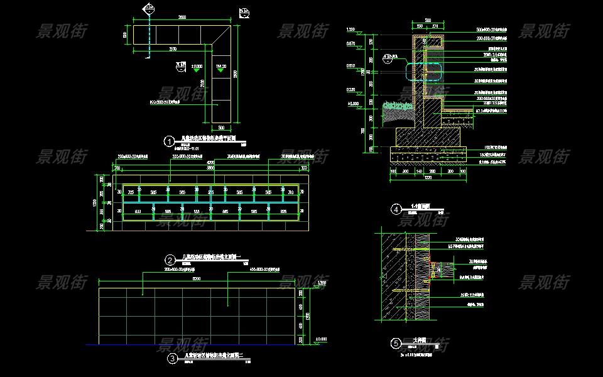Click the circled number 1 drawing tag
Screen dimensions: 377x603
(168, 141)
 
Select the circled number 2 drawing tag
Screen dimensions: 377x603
(170, 260)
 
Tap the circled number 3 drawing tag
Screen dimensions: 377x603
(173, 359)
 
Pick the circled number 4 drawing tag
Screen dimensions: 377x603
(396, 209)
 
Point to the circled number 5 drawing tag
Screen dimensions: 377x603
(396, 344)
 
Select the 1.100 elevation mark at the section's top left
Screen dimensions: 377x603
(352, 30)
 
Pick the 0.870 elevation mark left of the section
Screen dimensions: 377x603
(352, 43)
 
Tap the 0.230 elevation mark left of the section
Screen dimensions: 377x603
(352, 90)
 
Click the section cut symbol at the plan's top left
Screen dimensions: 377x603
(149, 9)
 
